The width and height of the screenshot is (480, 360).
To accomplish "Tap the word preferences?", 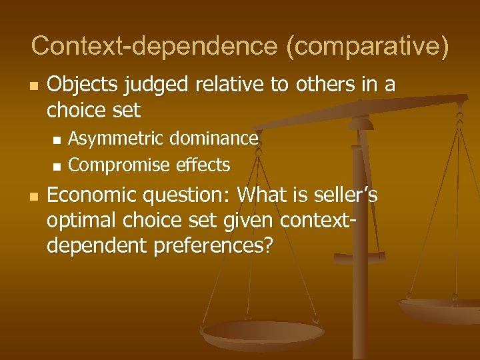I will [x=213, y=247].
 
